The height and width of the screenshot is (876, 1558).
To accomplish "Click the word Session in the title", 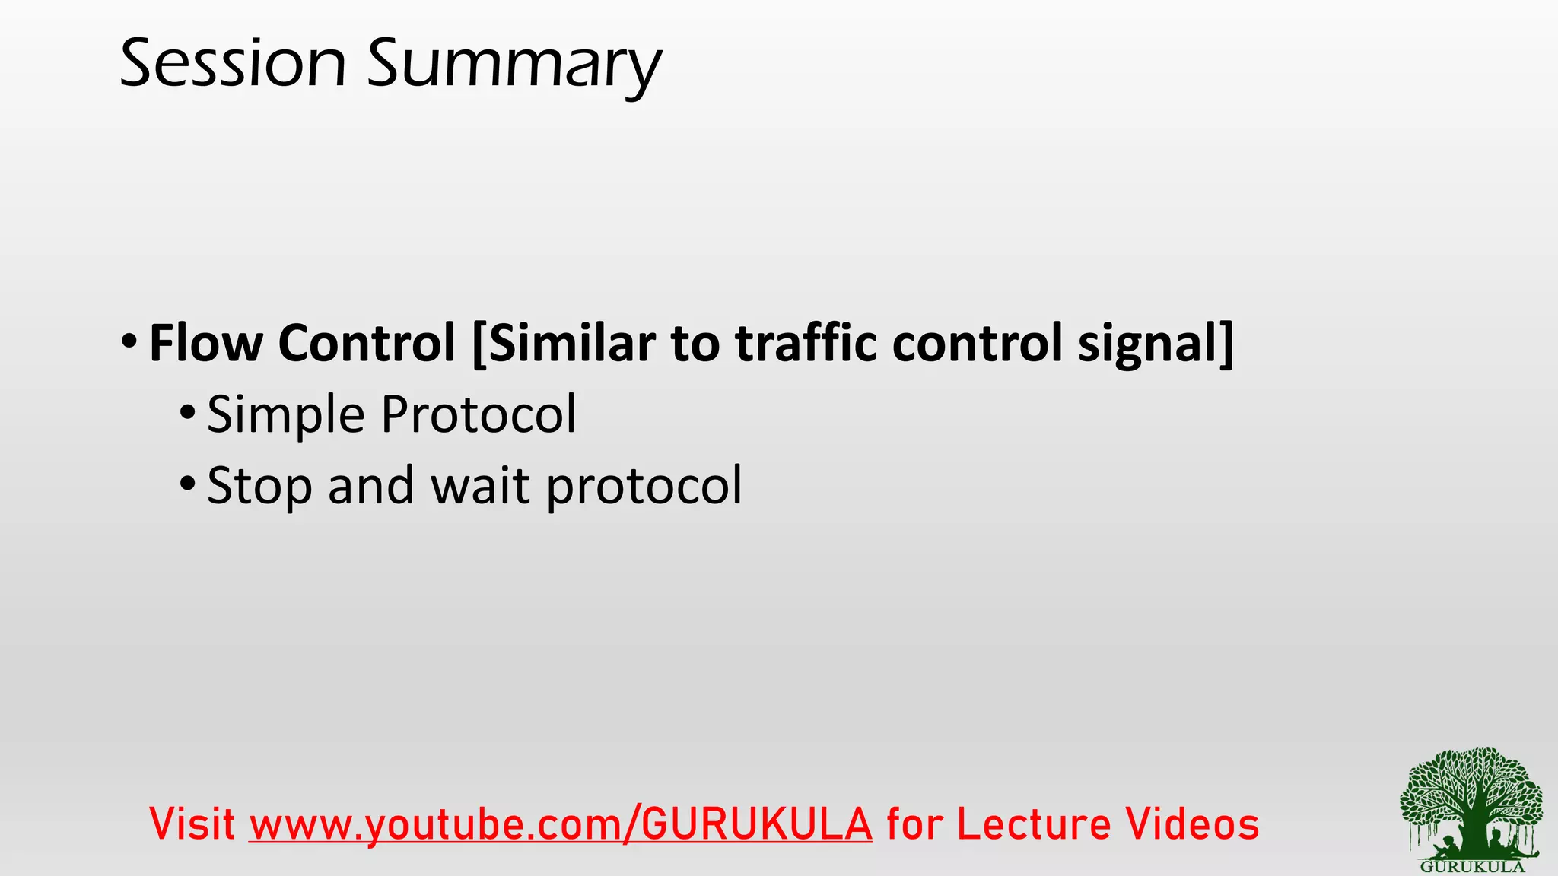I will click(233, 64).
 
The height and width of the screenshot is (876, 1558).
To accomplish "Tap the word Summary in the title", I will click(514, 67).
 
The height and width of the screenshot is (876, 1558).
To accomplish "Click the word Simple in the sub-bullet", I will click(285, 416).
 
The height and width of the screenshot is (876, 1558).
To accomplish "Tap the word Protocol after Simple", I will click(479, 414).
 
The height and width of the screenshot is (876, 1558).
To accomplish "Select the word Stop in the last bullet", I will click(259, 487).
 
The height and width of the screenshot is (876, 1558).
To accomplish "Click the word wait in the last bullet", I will click(480, 486).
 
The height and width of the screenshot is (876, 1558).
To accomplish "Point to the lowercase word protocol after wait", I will click(644, 487).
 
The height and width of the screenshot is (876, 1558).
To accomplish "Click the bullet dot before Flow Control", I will click(129, 339).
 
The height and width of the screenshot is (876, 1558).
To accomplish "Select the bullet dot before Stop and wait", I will click(188, 483).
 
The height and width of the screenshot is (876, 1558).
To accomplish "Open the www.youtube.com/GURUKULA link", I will click(561, 825).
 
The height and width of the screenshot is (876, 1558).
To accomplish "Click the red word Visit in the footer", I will click(192, 824).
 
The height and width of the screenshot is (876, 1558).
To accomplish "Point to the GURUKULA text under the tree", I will click(1472, 867).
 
